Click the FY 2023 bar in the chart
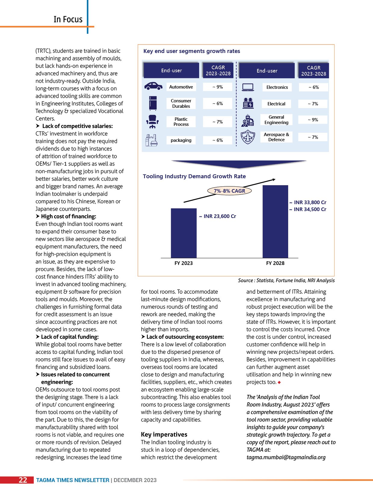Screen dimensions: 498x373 [183, 233]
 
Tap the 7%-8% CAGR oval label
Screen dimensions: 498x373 [230, 191]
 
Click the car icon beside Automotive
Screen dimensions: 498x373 [153, 86]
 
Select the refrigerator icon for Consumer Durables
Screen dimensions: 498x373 [153, 103]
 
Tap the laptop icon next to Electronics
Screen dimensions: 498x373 [248, 87]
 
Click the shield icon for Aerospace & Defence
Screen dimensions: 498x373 [248, 137]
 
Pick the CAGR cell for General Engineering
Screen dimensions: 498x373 [313, 120]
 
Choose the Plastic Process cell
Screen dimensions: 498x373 [181, 122]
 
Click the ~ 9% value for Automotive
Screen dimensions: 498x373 [217, 87]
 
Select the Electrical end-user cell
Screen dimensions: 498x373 [276, 104]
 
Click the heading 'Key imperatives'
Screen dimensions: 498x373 [164, 434]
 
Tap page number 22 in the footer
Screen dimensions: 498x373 [23, 480]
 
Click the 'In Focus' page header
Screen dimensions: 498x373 [68, 20]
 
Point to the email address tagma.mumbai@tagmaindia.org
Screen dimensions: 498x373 [286, 457]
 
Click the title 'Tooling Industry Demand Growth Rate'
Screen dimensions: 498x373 [194, 176]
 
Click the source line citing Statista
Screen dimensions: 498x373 [286, 280]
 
